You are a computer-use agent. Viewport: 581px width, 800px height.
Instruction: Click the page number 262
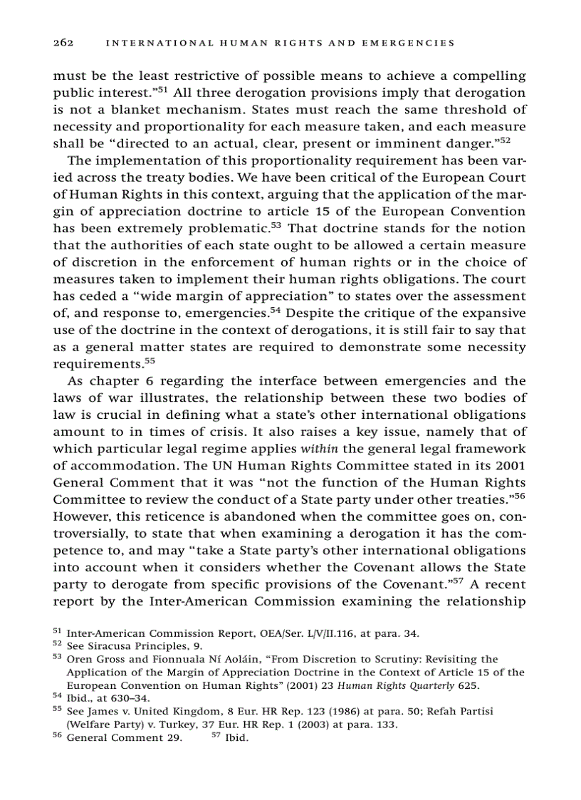[x=64, y=43]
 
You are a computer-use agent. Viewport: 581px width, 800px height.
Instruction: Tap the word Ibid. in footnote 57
[x=236, y=737]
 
